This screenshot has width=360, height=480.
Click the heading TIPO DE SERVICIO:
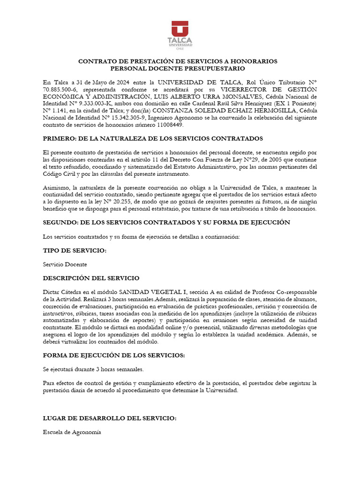coord(75,251)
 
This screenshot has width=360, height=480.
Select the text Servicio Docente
coord(65,264)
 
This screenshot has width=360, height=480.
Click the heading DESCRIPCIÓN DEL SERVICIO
coord(91,278)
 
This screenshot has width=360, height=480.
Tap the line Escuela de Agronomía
coord(72,432)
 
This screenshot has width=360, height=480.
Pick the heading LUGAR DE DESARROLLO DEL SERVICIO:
coord(110,418)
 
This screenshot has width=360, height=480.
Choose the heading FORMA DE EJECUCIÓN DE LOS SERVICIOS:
coord(114,355)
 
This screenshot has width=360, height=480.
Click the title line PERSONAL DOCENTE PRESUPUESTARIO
coord(177,68)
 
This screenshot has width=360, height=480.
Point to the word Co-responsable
coord(296,292)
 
